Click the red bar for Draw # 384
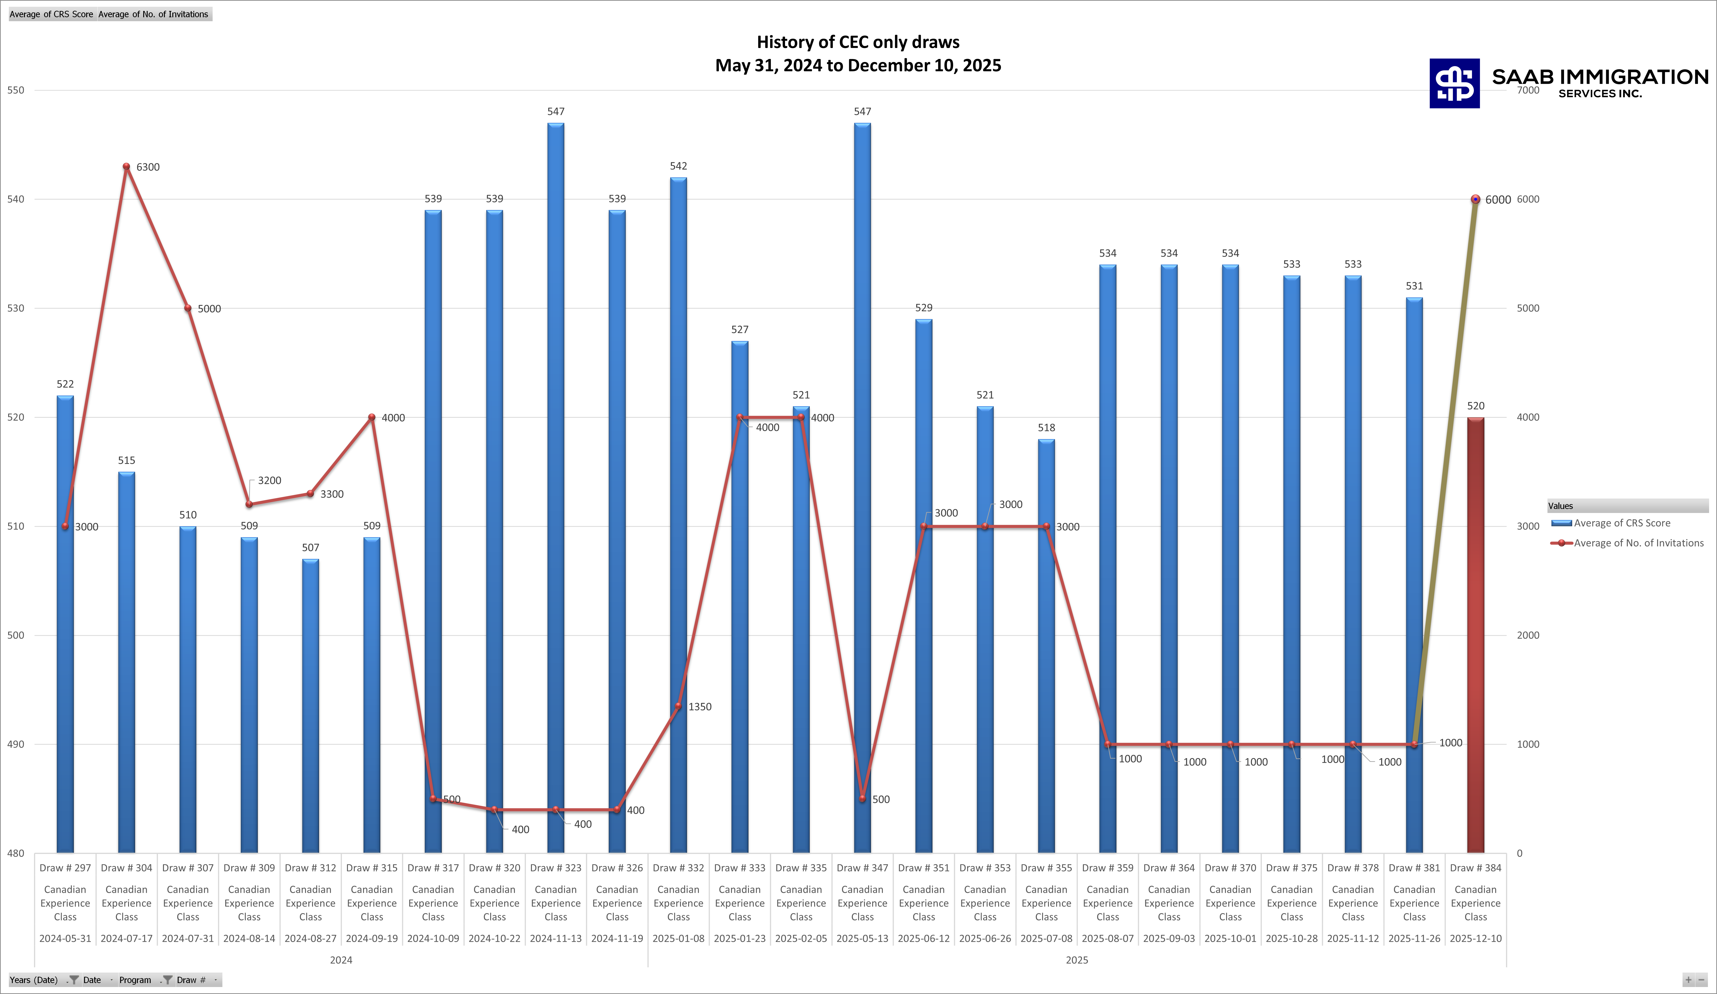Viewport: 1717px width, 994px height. (1475, 634)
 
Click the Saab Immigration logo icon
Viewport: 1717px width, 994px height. (1454, 83)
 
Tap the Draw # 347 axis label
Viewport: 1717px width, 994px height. (862, 868)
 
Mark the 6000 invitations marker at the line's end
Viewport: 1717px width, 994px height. (1475, 199)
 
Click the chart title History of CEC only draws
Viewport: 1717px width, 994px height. (858, 42)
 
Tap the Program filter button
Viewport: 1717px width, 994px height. (135, 980)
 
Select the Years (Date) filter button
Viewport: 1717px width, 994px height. (34, 980)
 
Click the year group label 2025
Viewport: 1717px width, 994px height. (1077, 960)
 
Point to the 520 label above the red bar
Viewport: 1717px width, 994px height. (1475, 406)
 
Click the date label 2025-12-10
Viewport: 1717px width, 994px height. (1475, 938)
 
